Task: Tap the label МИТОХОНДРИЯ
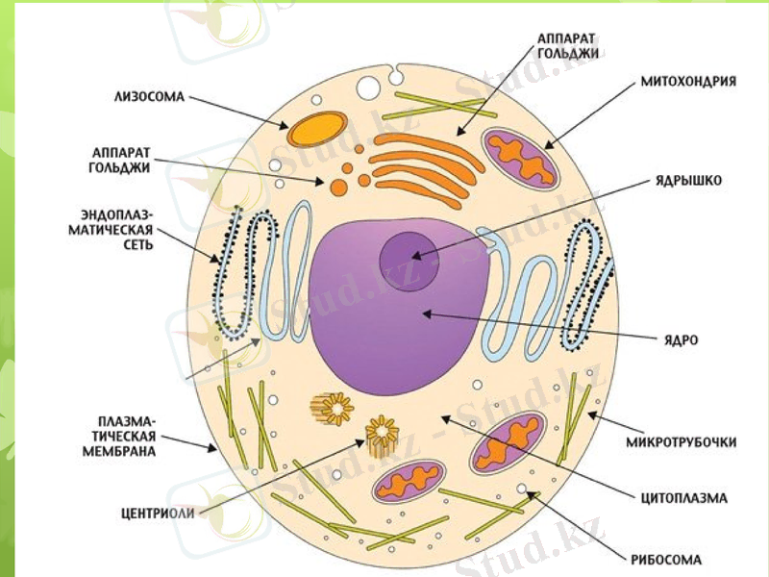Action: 688,82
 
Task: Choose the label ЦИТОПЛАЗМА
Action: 683,498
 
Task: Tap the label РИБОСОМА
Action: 666,559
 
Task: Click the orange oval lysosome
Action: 317,129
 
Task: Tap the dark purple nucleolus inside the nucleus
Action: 409,256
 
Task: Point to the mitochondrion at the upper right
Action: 520,158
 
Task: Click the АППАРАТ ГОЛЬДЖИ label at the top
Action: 567,45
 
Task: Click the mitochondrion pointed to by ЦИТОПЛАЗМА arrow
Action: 508,442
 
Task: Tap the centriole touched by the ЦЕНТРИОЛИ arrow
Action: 383,434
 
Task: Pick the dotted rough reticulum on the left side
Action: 232,273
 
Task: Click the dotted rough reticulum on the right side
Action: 586,283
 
